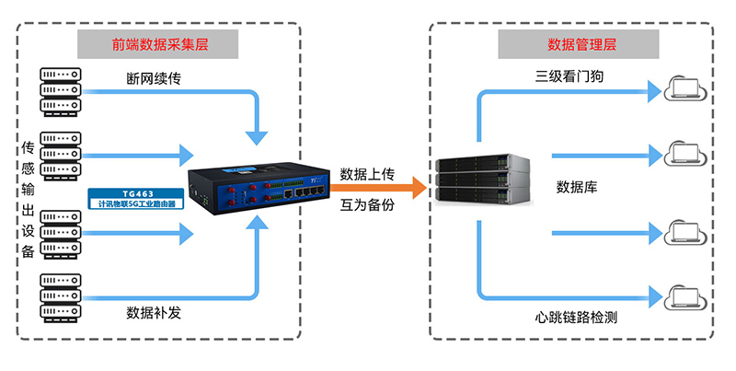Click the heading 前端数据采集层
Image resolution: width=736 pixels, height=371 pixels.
156,43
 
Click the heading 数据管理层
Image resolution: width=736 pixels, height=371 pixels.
581,43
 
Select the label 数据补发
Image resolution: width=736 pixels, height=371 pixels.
154,313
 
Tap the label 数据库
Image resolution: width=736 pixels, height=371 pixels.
577,188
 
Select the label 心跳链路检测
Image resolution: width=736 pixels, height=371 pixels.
576,319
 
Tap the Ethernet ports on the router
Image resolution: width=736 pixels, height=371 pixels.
305,195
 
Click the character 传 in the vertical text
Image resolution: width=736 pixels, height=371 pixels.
28,147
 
